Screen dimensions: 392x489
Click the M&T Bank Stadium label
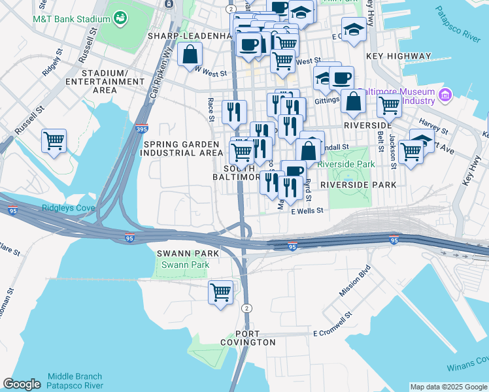pos(71,19)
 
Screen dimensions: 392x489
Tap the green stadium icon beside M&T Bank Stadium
pos(120,18)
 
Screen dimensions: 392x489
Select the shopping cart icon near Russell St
pos(54,140)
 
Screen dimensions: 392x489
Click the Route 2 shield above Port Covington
pos(246,308)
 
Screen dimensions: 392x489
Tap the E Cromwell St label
pos(332,333)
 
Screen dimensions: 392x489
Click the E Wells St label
pos(307,210)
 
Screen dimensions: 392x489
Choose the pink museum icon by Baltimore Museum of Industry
pos(446,95)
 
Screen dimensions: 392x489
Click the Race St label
pos(211,109)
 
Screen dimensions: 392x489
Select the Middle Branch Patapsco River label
pos(75,380)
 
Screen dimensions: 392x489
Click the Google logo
pos(22,384)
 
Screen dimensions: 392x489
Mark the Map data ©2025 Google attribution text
pos(448,387)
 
